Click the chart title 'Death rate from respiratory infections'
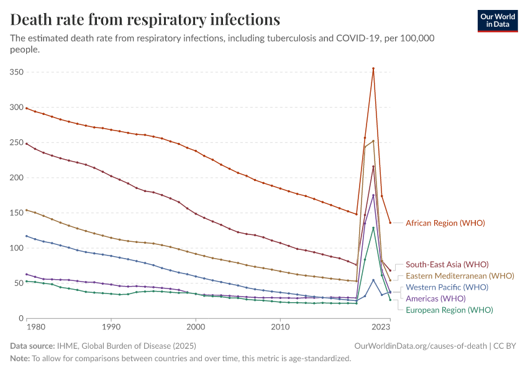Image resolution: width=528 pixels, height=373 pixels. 145,19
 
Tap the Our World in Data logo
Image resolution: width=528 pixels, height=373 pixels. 497,21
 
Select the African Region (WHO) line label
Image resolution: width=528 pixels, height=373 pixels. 445,223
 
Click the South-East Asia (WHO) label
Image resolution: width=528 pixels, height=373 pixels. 447,265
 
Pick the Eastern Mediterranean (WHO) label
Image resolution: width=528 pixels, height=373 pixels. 460,276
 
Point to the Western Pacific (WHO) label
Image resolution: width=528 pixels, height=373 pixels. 447,287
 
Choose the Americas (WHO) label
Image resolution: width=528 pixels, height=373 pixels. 435,298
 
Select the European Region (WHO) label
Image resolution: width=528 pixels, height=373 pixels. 449,310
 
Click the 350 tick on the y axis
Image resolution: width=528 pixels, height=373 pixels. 16,72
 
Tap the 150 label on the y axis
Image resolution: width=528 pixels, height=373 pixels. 16,213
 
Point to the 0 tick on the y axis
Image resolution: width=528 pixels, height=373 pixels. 20,318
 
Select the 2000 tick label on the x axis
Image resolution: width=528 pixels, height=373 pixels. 196,326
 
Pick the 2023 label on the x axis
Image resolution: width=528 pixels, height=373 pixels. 381,326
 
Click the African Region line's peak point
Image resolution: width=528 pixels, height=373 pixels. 373,68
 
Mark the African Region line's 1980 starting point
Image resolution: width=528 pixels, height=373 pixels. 26,108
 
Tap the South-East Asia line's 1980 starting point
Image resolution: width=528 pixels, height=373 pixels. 26,144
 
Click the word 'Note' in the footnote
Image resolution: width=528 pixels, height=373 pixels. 20,359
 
